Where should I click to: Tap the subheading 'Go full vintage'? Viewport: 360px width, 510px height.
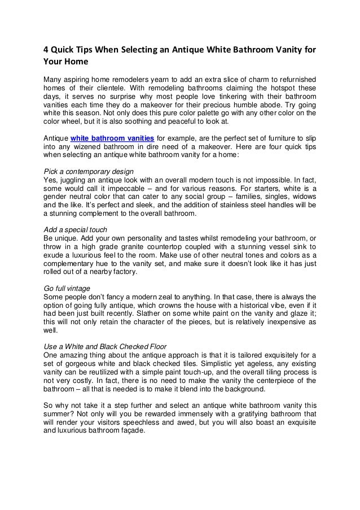point(67,288)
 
